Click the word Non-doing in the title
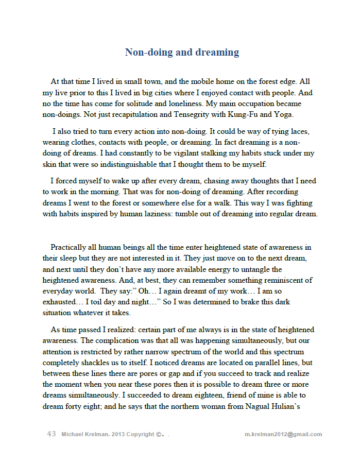(x=148, y=52)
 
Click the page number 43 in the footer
(x=51, y=434)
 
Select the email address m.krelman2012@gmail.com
(x=284, y=434)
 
